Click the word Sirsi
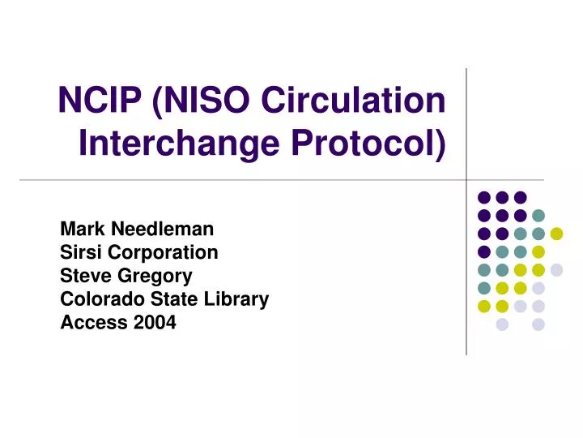click(x=80, y=253)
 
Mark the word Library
click(x=236, y=300)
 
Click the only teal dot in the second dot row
click(x=538, y=215)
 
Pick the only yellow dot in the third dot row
click(x=556, y=234)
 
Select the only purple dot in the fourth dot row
click(x=484, y=251)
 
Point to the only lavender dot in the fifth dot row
click(x=556, y=269)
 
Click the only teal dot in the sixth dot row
click(x=484, y=288)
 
